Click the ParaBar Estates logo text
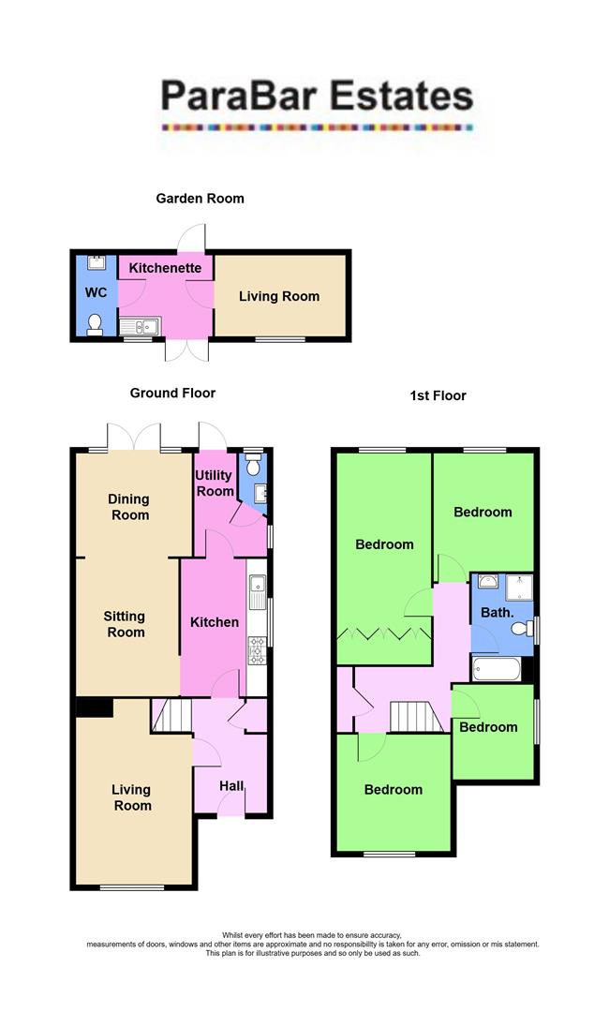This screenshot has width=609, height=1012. pyautogui.click(x=316, y=96)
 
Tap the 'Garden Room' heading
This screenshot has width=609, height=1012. pyautogui.click(x=200, y=198)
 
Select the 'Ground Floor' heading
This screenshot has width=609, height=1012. pyautogui.click(x=172, y=394)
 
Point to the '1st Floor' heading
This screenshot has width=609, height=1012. pyautogui.click(x=438, y=395)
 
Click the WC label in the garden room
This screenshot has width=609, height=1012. pyautogui.click(x=97, y=293)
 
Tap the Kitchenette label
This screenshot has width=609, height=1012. pyautogui.click(x=165, y=268)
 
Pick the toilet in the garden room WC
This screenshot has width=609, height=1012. pyautogui.click(x=94, y=324)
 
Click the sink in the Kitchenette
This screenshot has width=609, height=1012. pyautogui.click(x=141, y=327)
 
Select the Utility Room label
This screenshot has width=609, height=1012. pyautogui.click(x=214, y=484)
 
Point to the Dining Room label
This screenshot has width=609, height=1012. pyautogui.click(x=128, y=507)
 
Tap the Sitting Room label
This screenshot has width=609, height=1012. pyautogui.click(x=125, y=624)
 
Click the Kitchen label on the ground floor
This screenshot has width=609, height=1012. pyautogui.click(x=215, y=622)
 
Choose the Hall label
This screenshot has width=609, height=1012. pyautogui.click(x=231, y=785)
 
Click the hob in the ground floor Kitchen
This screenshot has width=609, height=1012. pyautogui.click(x=257, y=649)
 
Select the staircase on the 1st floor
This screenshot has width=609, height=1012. pyautogui.click(x=414, y=718)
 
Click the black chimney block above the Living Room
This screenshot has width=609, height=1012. pyautogui.click(x=94, y=707)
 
